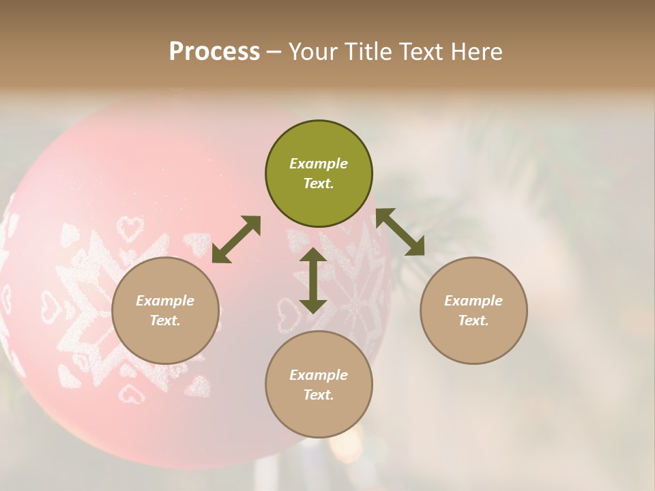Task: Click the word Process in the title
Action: [214, 52]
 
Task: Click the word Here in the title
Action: [478, 52]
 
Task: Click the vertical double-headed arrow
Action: [313, 281]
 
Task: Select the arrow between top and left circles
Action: [236, 239]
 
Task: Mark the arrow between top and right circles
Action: [401, 232]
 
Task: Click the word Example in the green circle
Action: [319, 164]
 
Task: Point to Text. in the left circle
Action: [165, 321]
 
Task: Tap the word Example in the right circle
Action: [474, 301]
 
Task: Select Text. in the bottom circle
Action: [319, 395]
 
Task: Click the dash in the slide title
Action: [274, 52]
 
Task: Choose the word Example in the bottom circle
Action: [319, 375]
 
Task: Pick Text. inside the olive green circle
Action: [319, 183]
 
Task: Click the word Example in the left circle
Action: [165, 301]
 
